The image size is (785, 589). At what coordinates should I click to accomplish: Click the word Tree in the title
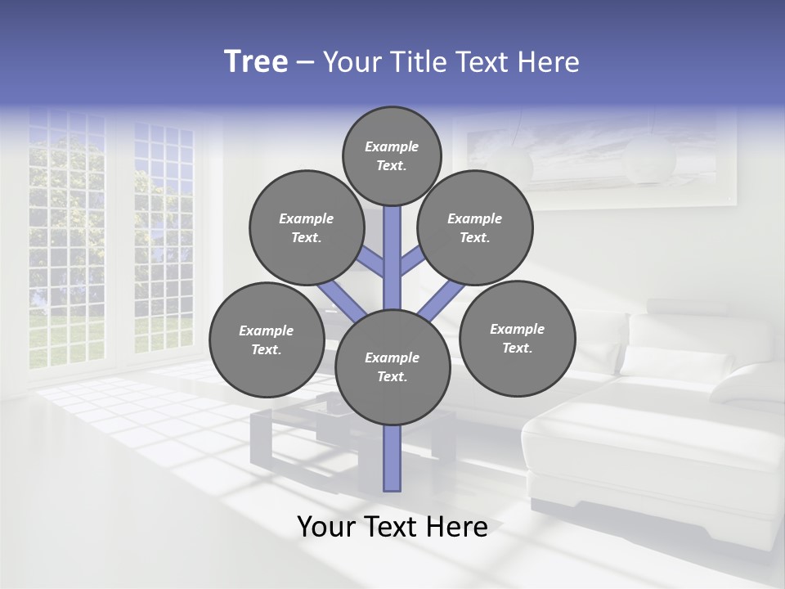(256, 62)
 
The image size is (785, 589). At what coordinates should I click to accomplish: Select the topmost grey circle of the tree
(392, 155)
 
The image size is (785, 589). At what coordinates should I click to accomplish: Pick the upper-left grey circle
(306, 227)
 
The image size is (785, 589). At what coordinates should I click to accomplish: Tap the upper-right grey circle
(475, 227)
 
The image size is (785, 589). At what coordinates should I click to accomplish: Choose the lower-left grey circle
(267, 339)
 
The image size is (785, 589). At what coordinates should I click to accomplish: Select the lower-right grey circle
(517, 338)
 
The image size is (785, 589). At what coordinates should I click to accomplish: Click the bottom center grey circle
(392, 366)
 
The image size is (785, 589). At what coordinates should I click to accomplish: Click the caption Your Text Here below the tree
(392, 527)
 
